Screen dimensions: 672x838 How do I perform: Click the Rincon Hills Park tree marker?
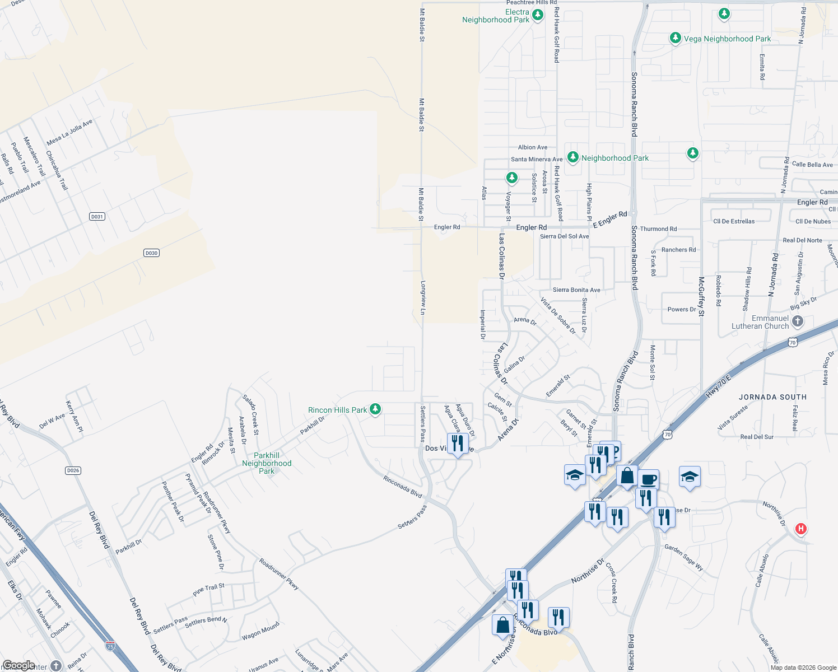375,409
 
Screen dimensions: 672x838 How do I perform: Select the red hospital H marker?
801,529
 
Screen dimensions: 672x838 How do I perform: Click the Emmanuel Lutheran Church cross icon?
798,321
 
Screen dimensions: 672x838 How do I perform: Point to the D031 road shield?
97,217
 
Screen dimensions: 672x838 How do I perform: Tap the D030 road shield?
151,253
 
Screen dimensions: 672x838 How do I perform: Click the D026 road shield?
73,470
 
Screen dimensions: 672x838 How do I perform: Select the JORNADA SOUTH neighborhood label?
772,397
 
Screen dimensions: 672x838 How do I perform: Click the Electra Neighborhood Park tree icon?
538,15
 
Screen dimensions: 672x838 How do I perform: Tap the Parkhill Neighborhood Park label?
267,463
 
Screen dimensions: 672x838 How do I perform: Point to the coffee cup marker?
648,479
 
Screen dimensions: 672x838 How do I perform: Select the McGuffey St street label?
701,297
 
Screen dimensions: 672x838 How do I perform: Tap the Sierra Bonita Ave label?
576,290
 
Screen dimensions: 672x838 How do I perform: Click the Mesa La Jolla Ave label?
69,133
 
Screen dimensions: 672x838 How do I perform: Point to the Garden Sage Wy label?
683,557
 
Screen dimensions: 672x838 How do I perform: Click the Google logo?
18,665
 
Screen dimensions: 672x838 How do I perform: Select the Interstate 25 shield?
110,646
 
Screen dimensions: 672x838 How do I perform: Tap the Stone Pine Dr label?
216,552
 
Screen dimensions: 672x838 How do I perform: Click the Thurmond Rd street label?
658,229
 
